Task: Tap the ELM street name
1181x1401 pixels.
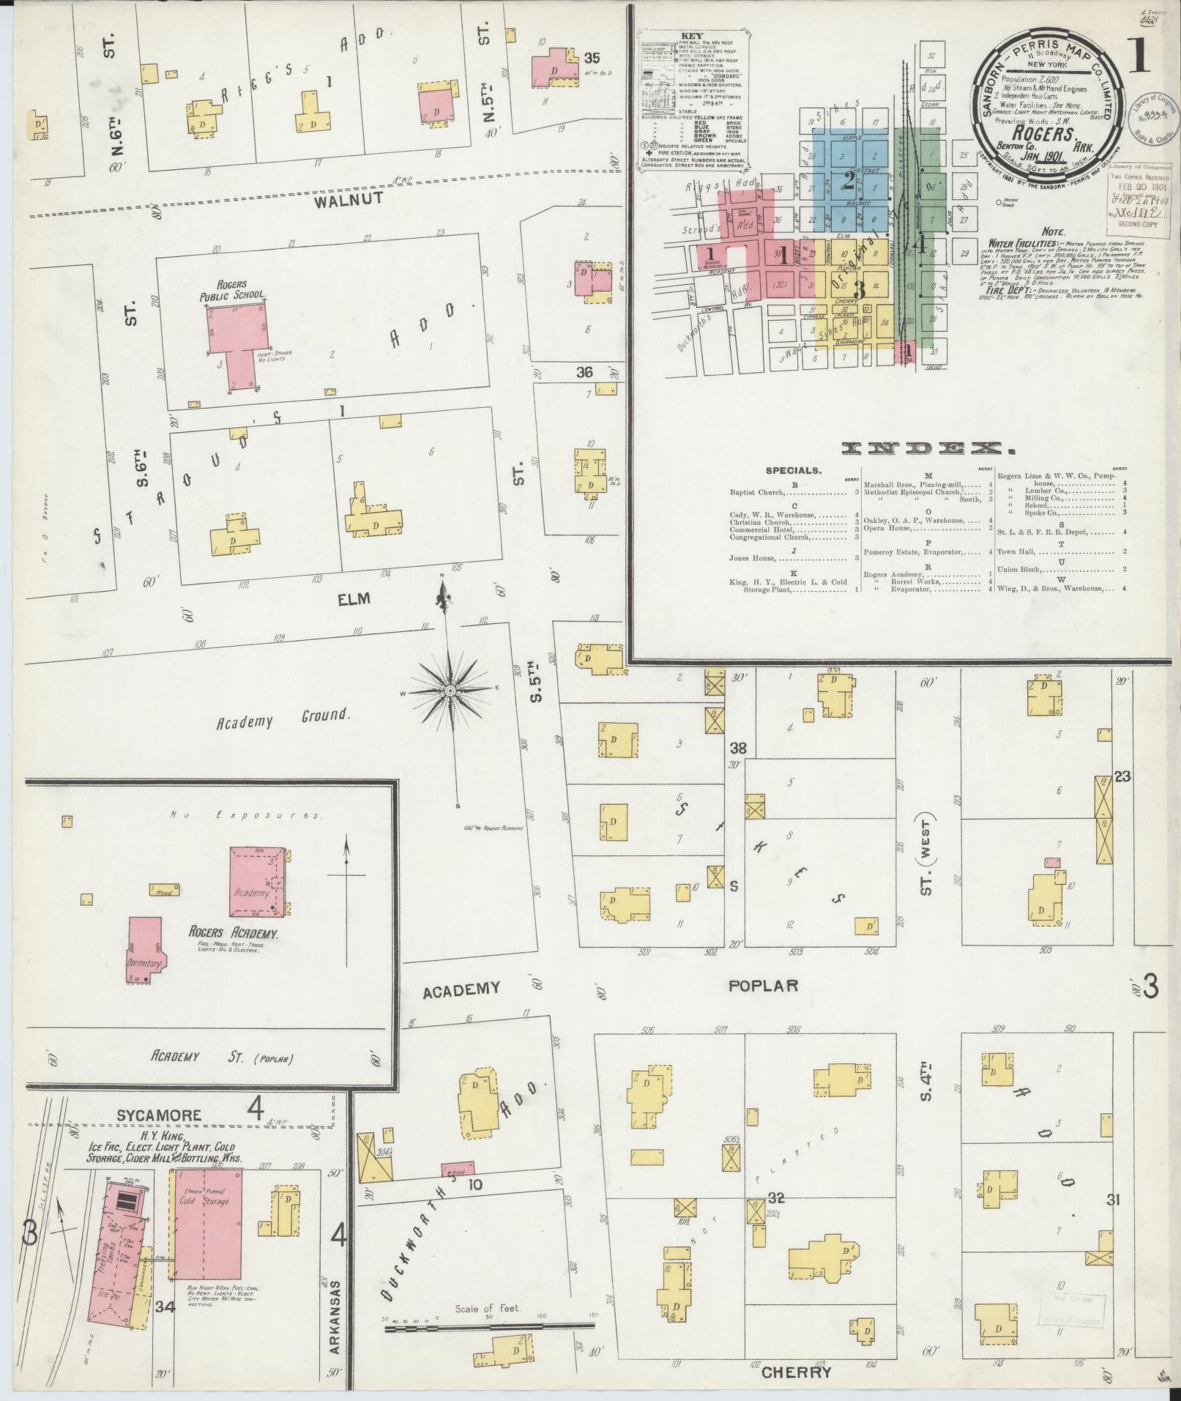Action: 354,599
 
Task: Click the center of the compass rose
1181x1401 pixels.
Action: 450,691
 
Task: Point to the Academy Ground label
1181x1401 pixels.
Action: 281,718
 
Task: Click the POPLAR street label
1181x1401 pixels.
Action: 763,986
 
